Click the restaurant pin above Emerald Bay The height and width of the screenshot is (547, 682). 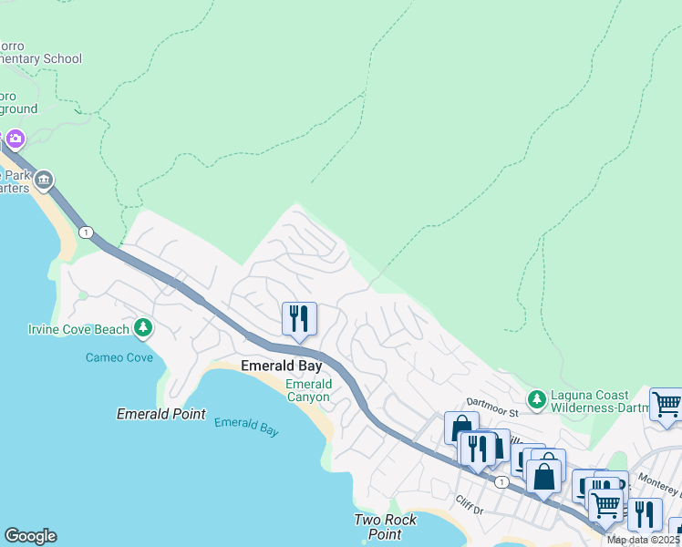click(299, 320)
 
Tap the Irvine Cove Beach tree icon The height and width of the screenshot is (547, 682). click(142, 327)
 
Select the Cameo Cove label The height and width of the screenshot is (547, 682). click(119, 357)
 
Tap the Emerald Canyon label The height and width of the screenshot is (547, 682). click(309, 390)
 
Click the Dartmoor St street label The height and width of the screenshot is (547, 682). click(492, 412)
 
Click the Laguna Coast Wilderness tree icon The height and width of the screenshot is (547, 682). click(537, 399)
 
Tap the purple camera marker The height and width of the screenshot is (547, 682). click(15, 139)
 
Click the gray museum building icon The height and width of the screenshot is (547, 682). click(44, 181)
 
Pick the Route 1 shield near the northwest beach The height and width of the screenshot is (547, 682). click(86, 232)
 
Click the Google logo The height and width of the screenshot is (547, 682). click(30, 536)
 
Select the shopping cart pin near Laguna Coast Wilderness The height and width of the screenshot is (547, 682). click(666, 405)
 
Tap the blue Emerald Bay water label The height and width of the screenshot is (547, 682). click(246, 427)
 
